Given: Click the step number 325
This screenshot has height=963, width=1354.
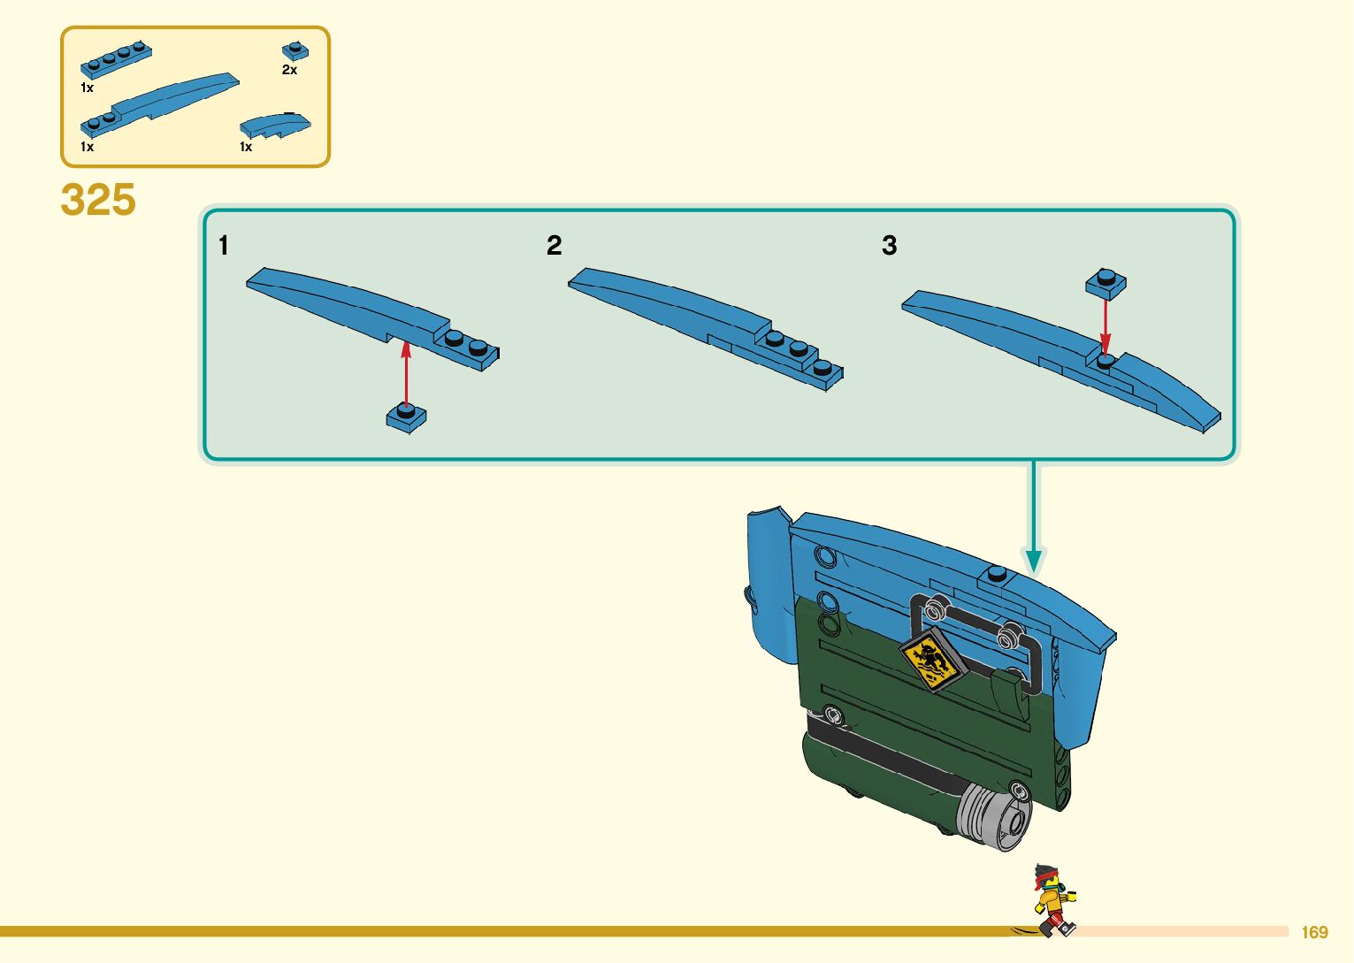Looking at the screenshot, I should [98, 200].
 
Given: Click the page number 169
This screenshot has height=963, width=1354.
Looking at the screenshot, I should [1314, 932].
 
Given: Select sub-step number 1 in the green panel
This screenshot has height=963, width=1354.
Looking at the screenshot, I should [224, 245].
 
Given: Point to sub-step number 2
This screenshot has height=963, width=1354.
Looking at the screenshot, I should [554, 245].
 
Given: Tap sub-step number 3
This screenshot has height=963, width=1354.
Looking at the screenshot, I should [889, 245].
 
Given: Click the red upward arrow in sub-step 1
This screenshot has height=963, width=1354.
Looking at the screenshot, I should [406, 372].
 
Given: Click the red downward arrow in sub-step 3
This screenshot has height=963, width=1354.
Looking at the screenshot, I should [1105, 324].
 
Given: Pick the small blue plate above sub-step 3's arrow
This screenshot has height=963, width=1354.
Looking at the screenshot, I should [1105, 283].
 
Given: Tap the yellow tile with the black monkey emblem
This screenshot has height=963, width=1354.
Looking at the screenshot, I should [929, 660].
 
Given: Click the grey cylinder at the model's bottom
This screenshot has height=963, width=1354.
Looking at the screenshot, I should [994, 815].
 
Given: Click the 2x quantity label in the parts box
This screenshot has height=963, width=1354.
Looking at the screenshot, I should [289, 70].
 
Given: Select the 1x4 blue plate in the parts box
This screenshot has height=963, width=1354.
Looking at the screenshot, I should [116, 61].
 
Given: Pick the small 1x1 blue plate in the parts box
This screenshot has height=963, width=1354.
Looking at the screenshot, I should [295, 50].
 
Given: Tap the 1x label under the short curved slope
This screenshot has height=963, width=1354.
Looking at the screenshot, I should [246, 147].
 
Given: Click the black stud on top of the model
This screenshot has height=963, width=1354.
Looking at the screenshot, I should [997, 573].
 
